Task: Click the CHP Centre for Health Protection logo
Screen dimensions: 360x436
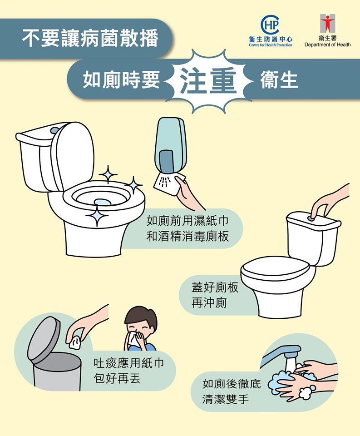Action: point(271,30)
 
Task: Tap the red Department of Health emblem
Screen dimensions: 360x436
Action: point(327,23)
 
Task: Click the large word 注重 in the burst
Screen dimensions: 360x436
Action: point(208,81)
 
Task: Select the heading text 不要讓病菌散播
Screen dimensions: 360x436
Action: point(90,38)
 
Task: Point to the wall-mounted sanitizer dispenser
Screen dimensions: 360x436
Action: point(170,147)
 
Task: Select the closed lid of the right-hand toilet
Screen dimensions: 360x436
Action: point(275,268)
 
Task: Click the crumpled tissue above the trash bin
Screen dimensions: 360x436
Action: point(74,342)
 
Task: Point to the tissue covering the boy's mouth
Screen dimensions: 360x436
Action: point(134,338)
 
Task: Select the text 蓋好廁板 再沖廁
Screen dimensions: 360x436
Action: point(215,295)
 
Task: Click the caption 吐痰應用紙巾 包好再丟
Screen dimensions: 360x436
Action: point(129,371)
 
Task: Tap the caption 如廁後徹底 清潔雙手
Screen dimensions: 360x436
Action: point(232,391)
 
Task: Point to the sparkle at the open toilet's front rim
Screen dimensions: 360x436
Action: point(97,215)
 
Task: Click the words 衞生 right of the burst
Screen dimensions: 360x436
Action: point(279,81)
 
